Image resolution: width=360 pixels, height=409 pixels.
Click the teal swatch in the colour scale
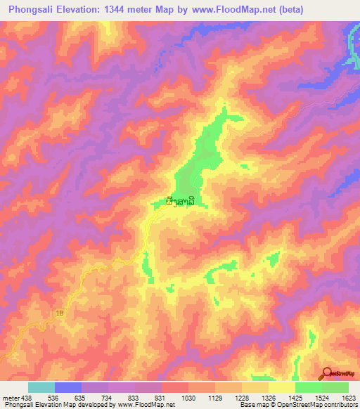coord(41,387)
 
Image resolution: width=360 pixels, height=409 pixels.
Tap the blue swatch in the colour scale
coord(68,387)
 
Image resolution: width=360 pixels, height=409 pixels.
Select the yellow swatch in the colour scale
coord(282,387)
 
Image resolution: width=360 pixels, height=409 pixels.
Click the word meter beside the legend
coord(9,398)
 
